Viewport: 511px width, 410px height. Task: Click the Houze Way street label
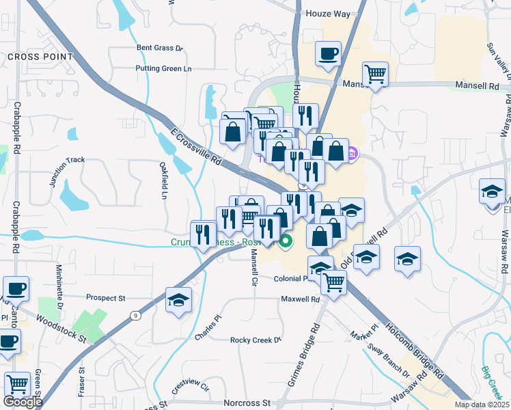328,14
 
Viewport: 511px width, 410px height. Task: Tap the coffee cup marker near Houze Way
328,53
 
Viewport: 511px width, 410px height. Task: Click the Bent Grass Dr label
161,48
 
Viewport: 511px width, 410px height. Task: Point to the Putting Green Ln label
164,68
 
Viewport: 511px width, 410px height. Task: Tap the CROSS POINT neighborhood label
40,57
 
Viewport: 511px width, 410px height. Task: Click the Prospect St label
106,298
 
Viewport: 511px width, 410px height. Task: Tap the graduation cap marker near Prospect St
178,300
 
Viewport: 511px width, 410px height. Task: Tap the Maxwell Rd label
301,299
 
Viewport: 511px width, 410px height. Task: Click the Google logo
23,402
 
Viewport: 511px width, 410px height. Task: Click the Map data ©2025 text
482,405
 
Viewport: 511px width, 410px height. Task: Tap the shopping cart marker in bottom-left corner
17,385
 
